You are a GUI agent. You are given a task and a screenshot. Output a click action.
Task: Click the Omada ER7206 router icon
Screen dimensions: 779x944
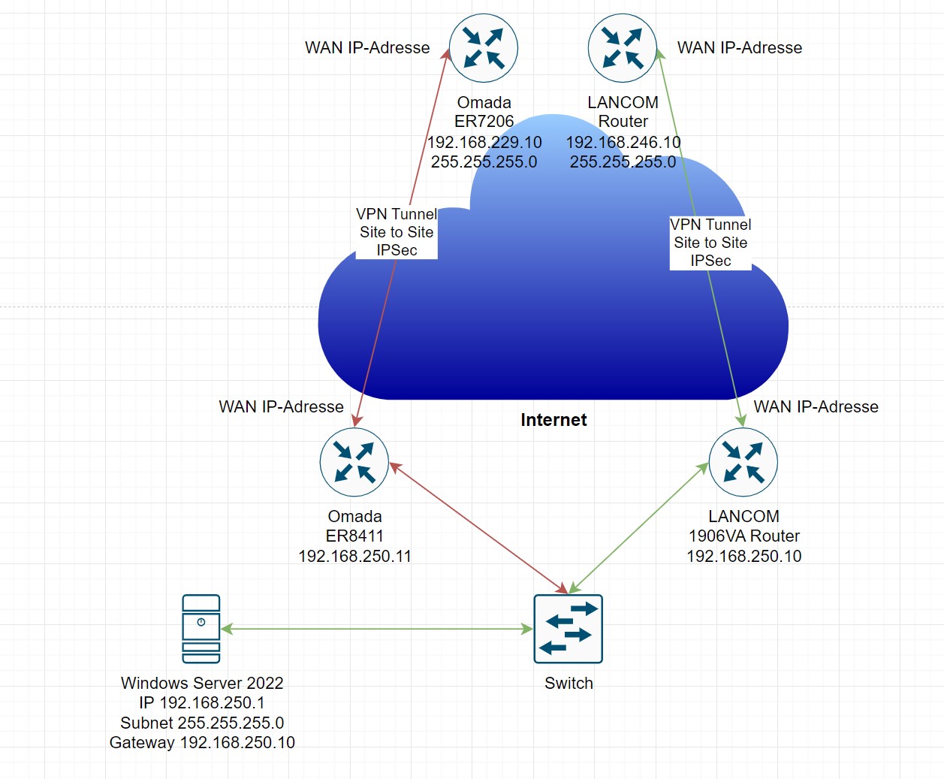484,48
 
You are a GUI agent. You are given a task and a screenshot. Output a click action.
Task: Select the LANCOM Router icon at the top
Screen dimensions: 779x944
623,48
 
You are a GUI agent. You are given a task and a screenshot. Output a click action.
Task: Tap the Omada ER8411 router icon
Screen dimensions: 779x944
354,462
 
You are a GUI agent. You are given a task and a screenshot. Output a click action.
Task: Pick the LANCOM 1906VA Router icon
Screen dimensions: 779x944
743,462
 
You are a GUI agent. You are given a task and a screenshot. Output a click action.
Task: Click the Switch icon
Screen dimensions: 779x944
568,629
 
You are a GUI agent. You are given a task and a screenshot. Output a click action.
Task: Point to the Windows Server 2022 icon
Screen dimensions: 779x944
201,629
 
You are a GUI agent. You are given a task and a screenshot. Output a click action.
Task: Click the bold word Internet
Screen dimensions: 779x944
553,420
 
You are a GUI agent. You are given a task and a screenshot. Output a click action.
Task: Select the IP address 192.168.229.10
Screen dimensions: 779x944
484,142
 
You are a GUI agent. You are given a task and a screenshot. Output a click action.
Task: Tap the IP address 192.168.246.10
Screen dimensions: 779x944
623,142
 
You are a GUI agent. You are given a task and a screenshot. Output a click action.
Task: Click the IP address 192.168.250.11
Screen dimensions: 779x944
354,556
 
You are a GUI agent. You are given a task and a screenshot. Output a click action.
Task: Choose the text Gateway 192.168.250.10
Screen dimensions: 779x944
202,742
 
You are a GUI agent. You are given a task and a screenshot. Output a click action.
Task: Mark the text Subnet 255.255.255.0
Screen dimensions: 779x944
202,723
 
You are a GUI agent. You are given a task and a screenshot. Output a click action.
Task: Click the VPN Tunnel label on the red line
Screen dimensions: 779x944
397,232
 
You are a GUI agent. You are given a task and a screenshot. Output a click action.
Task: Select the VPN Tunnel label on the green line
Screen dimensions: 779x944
710,243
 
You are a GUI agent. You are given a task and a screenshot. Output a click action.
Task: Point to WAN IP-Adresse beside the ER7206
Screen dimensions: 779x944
367,48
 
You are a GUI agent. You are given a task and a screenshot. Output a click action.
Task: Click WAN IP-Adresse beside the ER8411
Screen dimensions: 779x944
281,406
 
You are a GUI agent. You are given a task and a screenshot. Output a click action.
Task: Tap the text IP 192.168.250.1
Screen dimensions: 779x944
202,702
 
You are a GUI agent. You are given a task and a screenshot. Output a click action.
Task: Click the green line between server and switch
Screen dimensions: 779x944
375,629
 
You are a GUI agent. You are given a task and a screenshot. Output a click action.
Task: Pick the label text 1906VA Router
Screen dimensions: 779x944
743,536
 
